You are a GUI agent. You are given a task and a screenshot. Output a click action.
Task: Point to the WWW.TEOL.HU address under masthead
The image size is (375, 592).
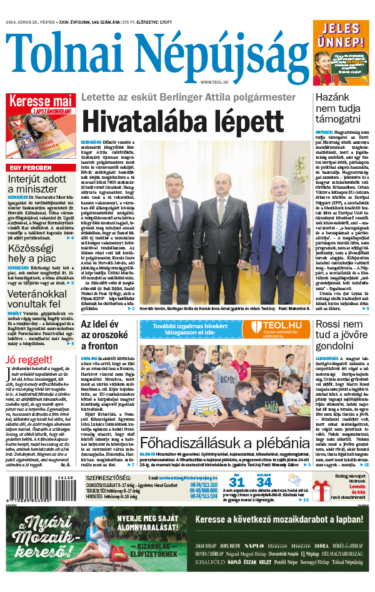click(x=216, y=82)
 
